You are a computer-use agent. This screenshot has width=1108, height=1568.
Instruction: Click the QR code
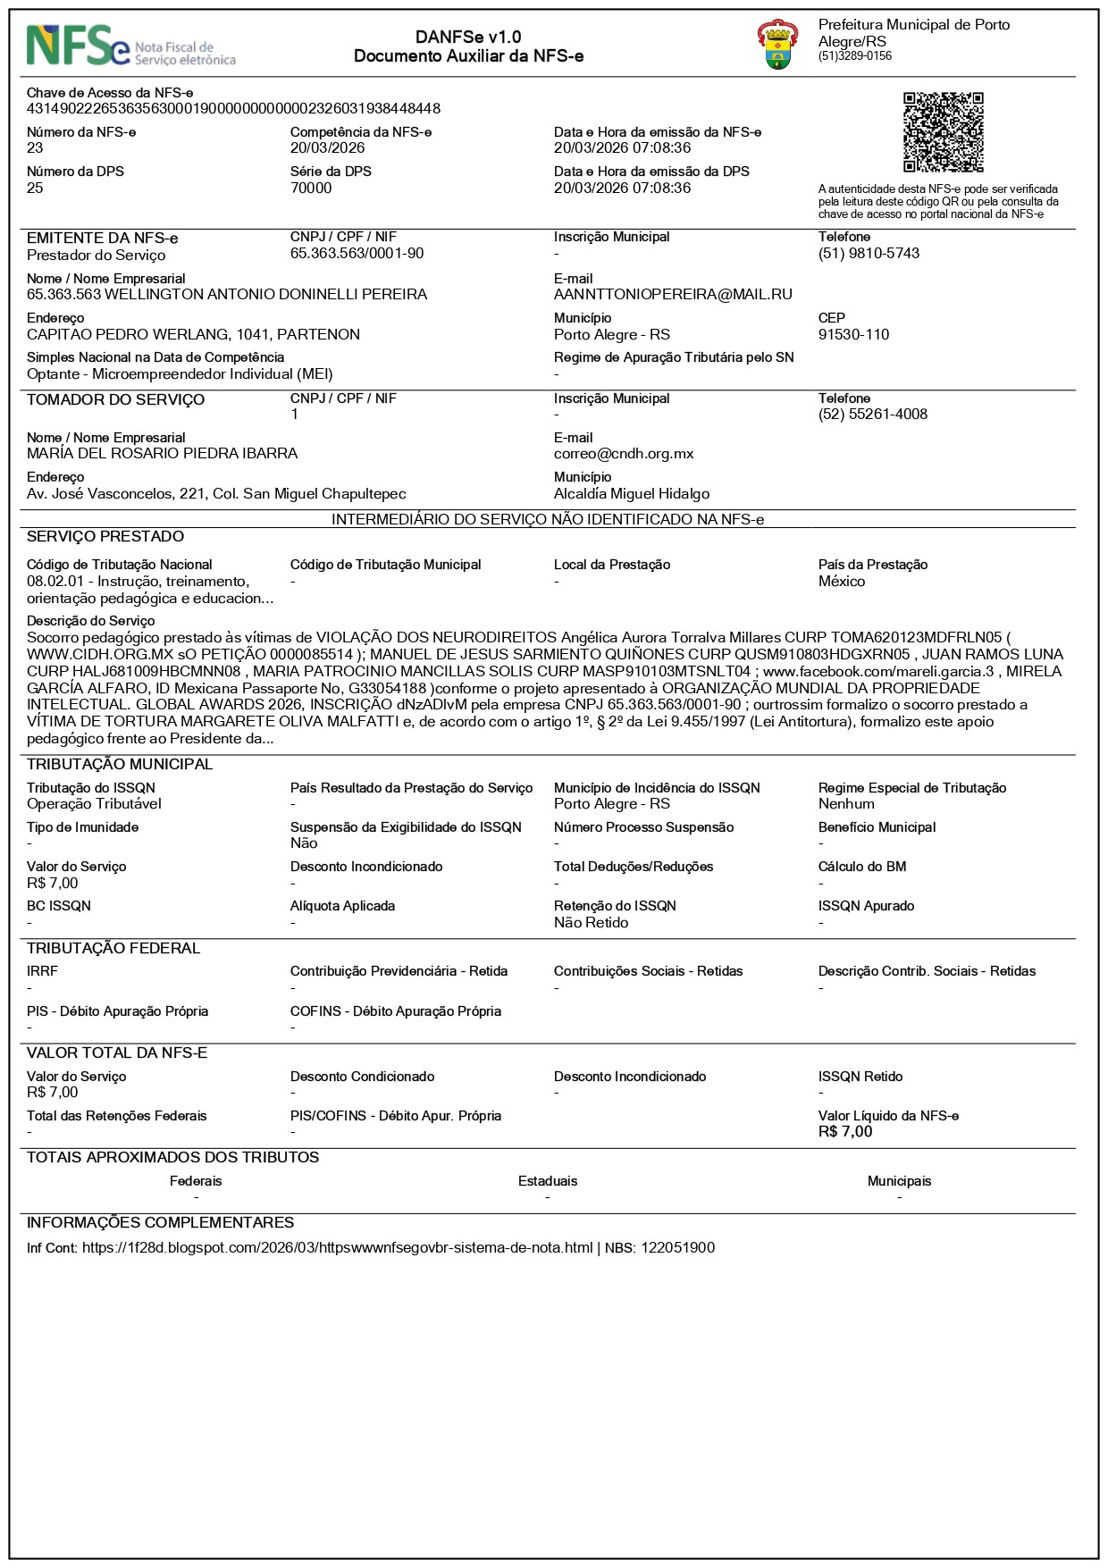(943, 132)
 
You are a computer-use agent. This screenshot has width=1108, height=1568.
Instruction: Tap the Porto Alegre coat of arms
(777, 46)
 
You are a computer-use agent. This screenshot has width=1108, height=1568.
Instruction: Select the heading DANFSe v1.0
(468, 37)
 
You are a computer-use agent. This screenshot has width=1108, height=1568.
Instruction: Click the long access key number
(233, 108)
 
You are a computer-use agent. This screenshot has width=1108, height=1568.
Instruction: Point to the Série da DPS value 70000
(311, 188)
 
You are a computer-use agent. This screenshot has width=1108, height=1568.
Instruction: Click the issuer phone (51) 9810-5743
(869, 253)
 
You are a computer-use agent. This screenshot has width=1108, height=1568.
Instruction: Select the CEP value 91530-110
(853, 334)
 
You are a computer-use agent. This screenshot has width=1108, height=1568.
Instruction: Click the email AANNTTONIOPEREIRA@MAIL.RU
(673, 294)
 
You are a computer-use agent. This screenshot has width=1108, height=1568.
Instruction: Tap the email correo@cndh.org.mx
(624, 453)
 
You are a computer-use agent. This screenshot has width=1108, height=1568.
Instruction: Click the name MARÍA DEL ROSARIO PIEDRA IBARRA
(162, 453)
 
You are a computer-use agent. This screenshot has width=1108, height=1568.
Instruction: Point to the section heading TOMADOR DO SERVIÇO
(115, 399)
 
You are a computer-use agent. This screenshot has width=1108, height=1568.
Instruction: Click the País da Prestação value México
(841, 581)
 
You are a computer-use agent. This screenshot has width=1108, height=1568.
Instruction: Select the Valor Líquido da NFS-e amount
(845, 1131)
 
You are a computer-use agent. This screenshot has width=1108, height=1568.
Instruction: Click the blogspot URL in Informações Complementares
(337, 1247)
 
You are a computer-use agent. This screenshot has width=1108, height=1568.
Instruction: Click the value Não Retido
(591, 922)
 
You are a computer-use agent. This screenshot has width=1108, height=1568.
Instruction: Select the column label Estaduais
(548, 1181)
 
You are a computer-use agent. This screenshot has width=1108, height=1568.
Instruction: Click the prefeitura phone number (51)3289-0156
(854, 55)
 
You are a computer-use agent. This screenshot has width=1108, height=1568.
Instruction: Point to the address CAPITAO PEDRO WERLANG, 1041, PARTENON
(193, 334)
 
